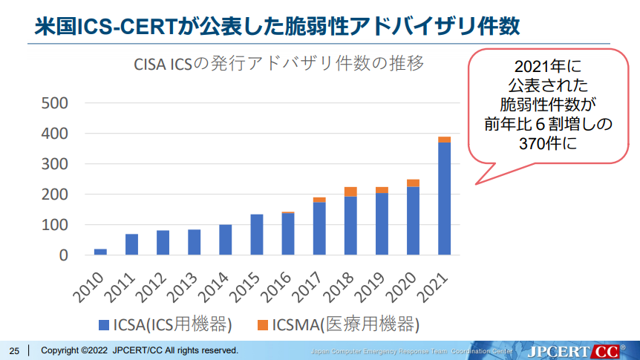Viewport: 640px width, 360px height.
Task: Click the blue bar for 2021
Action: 444,198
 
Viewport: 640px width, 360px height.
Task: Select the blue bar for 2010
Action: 100,252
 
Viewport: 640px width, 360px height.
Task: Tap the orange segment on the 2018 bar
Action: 350,192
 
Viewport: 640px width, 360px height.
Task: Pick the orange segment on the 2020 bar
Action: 413,183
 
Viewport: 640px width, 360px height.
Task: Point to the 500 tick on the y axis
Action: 54,102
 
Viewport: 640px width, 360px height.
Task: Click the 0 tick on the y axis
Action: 63,255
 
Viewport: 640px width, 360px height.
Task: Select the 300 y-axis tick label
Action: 54,163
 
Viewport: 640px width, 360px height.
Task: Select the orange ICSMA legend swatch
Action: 262,324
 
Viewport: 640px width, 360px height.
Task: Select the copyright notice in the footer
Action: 139,350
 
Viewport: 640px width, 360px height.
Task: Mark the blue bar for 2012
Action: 163,243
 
